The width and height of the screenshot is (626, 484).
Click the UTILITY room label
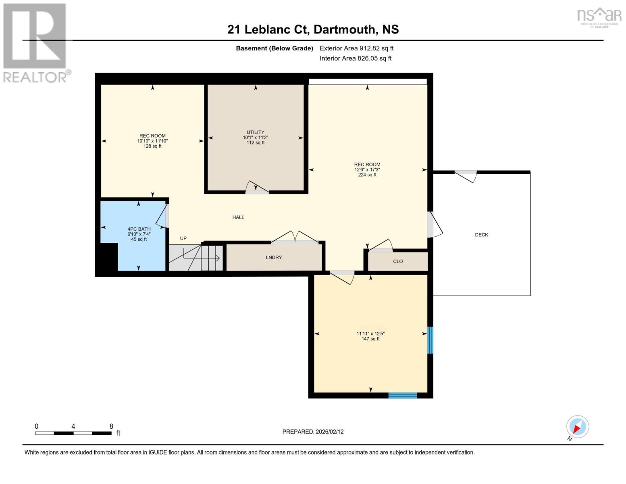[x=255, y=132]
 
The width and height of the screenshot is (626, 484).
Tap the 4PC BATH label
[x=139, y=229]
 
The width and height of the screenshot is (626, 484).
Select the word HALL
[x=238, y=217]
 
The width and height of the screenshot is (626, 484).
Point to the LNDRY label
[x=274, y=257]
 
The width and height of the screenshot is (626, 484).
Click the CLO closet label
[x=398, y=261]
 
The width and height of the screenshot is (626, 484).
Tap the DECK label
[x=481, y=235]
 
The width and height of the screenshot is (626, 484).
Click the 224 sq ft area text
[x=367, y=175]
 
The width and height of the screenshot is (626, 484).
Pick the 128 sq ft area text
[x=152, y=146]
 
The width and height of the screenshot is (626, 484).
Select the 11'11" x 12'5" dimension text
[x=370, y=334]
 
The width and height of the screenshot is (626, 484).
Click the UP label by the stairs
[x=183, y=238]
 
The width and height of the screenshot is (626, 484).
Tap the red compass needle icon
[x=577, y=428]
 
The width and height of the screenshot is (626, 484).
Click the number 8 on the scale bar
[x=111, y=426]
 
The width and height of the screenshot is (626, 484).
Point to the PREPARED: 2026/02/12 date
[x=313, y=432]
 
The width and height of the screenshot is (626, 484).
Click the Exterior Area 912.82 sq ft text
[x=356, y=48]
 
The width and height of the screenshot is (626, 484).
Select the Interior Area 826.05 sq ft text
[x=356, y=58]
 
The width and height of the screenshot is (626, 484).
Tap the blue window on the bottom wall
[x=402, y=395]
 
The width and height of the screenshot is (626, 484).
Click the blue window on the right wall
[x=430, y=340]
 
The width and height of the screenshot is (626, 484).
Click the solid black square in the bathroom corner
[x=109, y=257]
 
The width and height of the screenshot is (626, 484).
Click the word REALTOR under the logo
[x=35, y=77]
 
